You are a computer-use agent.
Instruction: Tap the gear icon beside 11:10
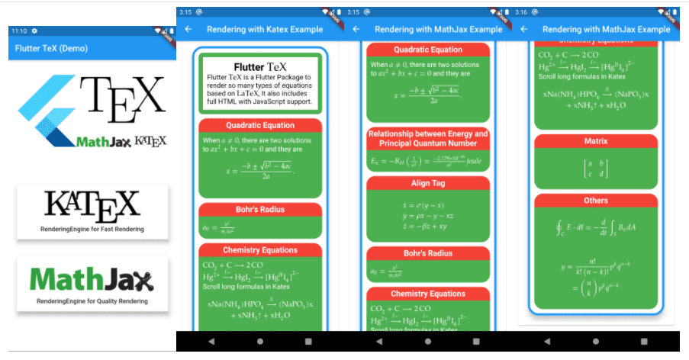pos(34,31)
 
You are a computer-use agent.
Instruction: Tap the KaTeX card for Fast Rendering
pos(92,211)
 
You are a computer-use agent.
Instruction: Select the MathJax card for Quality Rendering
pos(92,284)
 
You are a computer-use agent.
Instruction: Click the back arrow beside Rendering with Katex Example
pos(188,29)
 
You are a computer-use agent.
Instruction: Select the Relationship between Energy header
pos(427,138)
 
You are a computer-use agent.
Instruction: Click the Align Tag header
pos(427,184)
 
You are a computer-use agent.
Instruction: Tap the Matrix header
pos(596,141)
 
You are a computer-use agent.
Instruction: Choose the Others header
pos(596,201)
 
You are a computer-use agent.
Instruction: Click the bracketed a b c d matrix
pos(595,169)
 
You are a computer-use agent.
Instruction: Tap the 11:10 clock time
pos(19,31)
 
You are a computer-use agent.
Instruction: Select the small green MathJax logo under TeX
pos(104,141)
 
